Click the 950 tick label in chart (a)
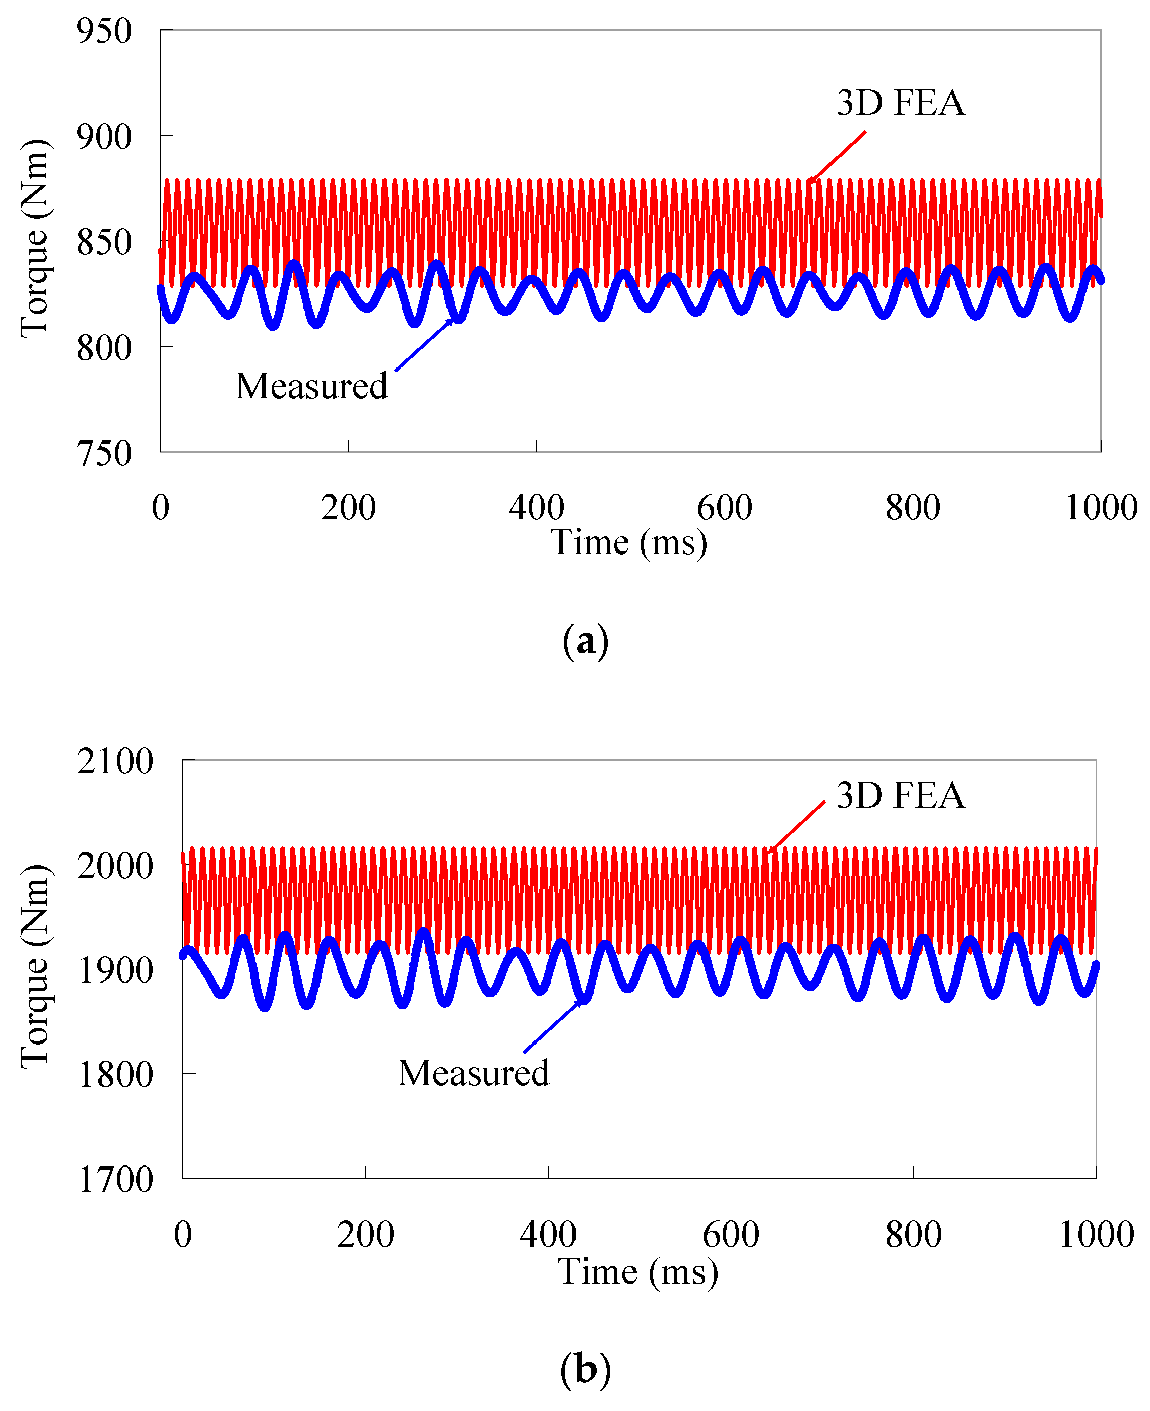point(104,31)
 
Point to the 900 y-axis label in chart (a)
point(104,137)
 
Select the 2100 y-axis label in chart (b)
point(114,761)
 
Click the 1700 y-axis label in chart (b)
point(114,1180)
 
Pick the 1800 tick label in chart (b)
point(114,1074)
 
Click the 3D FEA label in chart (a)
point(900,103)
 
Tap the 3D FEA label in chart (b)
point(900,795)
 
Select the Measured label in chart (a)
point(311,386)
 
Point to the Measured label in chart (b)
point(473,1073)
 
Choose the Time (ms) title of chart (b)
point(637,1271)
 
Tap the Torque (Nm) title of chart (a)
point(34,238)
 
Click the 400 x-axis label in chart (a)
point(537,508)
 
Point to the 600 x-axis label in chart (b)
point(731,1235)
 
